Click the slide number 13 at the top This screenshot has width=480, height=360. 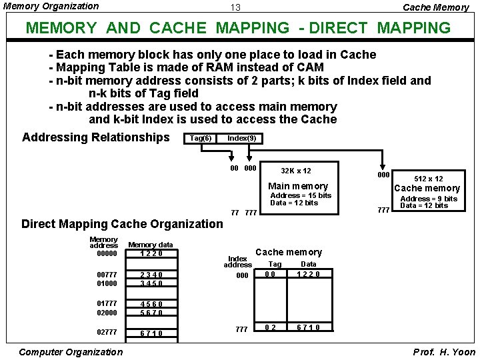click(x=235, y=8)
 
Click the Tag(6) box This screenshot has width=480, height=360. click(x=201, y=138)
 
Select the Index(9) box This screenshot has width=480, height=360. click(x=241, y=138)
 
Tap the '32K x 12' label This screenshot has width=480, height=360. click(x=295, y=171)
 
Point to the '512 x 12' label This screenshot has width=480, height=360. click(x=429, y=179)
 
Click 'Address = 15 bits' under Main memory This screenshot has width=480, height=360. click(x=300, y=195)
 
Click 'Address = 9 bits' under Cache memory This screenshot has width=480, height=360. click(x=429, y=199)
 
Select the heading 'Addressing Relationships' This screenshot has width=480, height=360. click(x=96, y=137)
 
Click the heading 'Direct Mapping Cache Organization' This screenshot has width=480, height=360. click(x=122, y=224)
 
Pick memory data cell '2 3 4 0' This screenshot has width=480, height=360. click(x=151, y=275)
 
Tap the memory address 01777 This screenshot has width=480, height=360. click(x=107, y=304)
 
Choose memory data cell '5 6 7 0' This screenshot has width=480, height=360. click(x=151, y=313)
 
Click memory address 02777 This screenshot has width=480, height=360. click(x=107, y=332)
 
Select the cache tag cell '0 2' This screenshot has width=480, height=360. click(x=270, y=327)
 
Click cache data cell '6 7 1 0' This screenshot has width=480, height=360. click(x=308, y=327)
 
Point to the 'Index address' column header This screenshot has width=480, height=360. click(x=237, y=261)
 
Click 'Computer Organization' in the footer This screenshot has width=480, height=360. click(x=71, y=352)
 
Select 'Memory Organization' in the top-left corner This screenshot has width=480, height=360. click(x=51, y=7)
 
